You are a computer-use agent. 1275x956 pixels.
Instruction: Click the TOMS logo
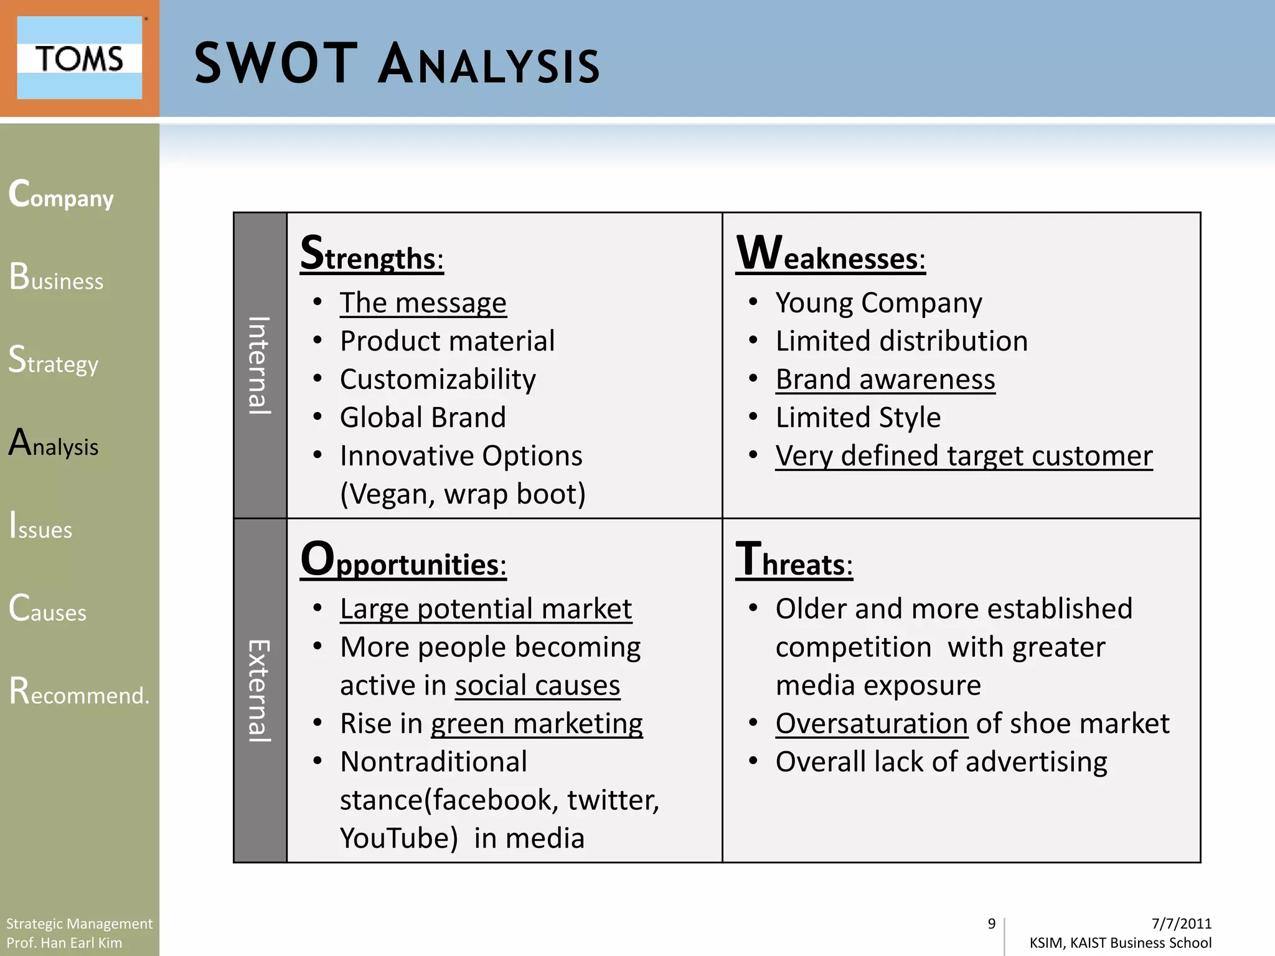tap(79, 58)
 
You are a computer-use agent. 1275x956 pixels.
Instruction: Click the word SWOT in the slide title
tap(276, 63)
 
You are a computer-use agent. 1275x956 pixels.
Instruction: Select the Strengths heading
tap(372, 254)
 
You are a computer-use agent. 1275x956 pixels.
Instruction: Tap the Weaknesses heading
tap(830, 254)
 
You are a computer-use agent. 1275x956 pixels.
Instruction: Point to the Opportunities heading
tap(403, 560)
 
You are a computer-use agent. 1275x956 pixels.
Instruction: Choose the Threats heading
tap(794, 560)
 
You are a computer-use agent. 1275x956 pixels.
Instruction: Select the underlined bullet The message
tap(423, 303)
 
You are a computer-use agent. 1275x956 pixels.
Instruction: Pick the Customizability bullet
tap(438, 380)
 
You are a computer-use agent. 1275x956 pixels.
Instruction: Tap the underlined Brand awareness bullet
tap(885, 380)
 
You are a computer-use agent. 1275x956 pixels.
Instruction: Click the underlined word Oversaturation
tap(871, 724)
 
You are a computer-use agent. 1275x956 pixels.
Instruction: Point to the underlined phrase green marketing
tap(536, 724)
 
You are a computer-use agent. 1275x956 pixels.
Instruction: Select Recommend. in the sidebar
tap(79, 691)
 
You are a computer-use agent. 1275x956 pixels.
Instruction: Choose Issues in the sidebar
tap(41, 526)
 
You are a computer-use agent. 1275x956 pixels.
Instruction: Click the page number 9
tap(991, 924)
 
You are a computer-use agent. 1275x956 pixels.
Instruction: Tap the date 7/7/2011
tap(1181, 924)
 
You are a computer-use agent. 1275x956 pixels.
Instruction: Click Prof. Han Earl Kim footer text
tap(64, 943)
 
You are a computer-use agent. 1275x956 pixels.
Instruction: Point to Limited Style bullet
tap(857, 418)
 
